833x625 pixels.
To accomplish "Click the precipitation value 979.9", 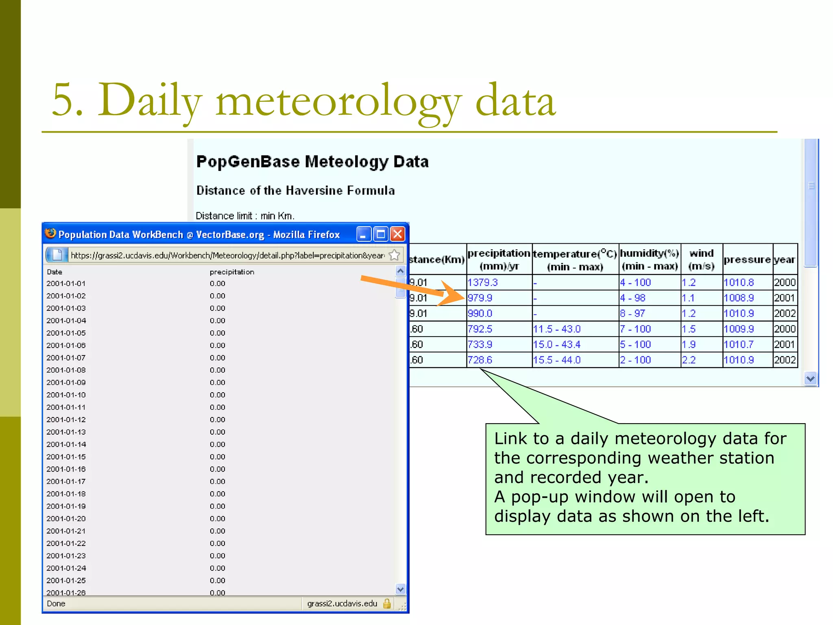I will coord(480,298).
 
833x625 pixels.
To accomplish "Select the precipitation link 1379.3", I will coord(482,282).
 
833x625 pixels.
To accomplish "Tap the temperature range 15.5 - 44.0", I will coord(557,360).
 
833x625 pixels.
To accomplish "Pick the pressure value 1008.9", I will coord(739,298).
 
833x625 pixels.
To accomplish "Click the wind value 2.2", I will coord(689,360).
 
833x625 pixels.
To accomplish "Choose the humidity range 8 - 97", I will coord(632,313).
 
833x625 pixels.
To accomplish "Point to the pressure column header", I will coord(747,260).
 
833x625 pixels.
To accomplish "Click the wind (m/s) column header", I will coord(701,260).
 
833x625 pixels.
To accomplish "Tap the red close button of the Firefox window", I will coord(397,234).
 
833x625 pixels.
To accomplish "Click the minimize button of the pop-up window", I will coord(364,234).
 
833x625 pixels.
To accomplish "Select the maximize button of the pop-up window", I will coord(381,234).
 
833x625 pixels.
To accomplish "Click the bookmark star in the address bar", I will coord(394,255).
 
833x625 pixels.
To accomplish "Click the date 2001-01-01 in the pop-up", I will coord(66,284).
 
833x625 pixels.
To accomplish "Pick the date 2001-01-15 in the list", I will coord(66,457).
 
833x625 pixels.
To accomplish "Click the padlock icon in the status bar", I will coord(387,603).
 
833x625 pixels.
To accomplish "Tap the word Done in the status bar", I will coord(56,603).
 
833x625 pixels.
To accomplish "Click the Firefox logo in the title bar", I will coord(50,234).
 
